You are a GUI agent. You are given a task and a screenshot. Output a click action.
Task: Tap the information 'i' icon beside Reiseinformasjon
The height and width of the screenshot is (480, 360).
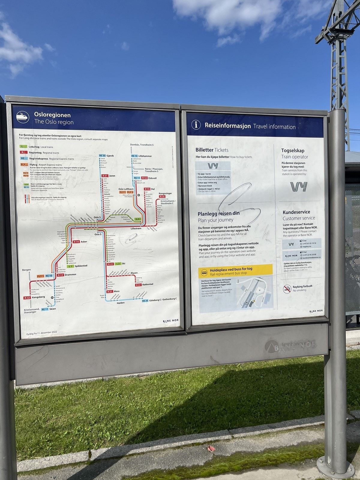(196, 124)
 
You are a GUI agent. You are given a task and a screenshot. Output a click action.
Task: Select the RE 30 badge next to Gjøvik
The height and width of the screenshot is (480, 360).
(102, 156)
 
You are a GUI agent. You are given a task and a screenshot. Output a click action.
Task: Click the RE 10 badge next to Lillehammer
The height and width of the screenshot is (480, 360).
(134, 156)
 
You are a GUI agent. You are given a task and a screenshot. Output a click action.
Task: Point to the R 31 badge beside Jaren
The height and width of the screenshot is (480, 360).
(105, 176)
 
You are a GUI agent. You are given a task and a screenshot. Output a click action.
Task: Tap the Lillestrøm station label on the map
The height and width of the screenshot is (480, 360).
(136, 229)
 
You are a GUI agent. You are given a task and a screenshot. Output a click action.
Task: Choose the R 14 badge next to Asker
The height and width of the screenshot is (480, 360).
(76, 242)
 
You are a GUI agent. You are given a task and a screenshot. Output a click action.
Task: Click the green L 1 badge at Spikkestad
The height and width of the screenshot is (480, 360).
(70, 266)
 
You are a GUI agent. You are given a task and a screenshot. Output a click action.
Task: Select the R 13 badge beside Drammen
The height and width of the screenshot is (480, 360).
(60, 275)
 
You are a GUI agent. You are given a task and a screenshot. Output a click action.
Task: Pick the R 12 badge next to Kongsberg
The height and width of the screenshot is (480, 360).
(27, 298)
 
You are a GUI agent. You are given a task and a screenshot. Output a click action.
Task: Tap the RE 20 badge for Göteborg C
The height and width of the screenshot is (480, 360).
(145, 301)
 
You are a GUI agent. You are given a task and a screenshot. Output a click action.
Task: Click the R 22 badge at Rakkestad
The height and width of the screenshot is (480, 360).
(138, 285)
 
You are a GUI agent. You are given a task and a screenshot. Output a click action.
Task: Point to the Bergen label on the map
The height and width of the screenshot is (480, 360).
(26, 270)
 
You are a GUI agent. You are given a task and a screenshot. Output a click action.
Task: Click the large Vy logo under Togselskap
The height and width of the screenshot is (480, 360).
(298, 187)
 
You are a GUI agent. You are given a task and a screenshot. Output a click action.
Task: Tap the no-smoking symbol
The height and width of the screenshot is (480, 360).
(287, 289)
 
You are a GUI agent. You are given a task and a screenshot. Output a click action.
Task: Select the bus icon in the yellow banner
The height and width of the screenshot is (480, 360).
(204, 273)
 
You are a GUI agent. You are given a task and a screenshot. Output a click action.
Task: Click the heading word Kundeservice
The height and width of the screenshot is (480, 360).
(296, 212)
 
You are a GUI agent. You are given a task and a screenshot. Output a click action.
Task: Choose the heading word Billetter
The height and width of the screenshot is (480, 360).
(204, 150)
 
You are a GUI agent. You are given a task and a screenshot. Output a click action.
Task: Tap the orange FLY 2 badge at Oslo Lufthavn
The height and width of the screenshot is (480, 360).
(130, 192)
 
